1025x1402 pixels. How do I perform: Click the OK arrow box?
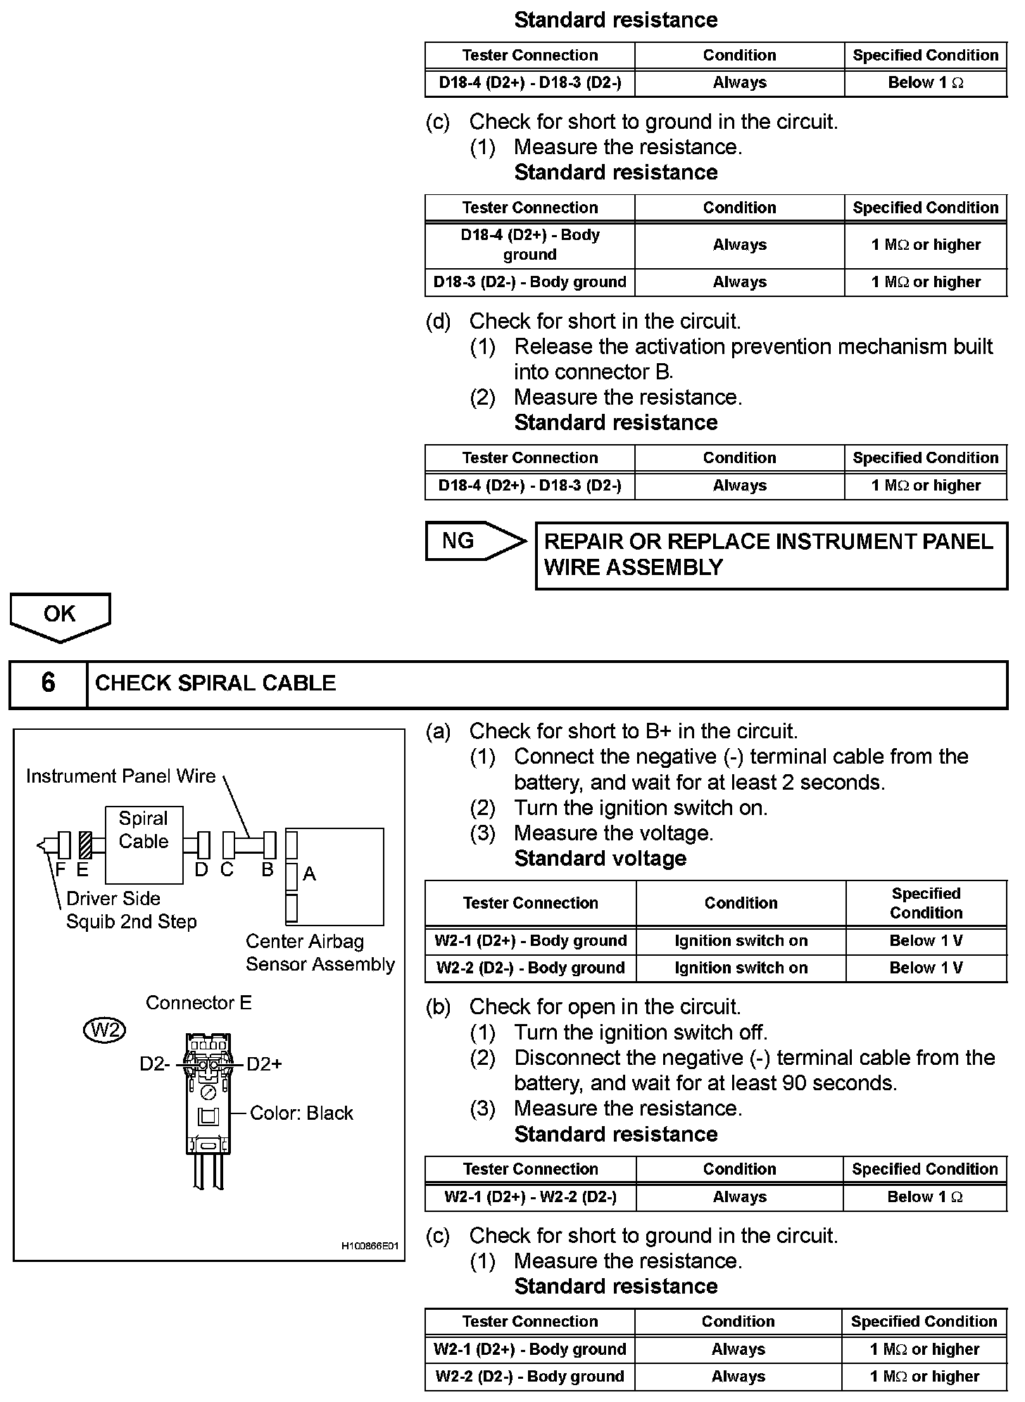60,615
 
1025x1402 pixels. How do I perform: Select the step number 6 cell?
48,683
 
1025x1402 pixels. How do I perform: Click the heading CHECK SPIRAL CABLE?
215,683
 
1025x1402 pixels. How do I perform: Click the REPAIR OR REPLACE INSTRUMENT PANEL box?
771,555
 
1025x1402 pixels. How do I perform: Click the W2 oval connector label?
104,1030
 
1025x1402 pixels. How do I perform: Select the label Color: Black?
301,1113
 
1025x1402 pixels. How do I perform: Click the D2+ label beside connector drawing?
264,1064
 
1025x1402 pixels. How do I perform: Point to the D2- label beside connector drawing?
154,1064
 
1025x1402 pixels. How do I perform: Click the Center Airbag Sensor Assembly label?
320,953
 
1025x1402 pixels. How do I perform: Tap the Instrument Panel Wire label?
121,776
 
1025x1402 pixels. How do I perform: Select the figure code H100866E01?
370,1246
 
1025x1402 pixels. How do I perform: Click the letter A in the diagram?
310,874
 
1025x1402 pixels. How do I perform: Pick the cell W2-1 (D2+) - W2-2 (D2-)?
530,1197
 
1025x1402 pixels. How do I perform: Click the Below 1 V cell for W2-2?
926,968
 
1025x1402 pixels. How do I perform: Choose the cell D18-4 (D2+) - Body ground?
530,245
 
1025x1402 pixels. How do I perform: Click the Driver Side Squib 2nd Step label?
131,910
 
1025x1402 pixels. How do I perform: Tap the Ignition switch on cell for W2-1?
741,941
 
